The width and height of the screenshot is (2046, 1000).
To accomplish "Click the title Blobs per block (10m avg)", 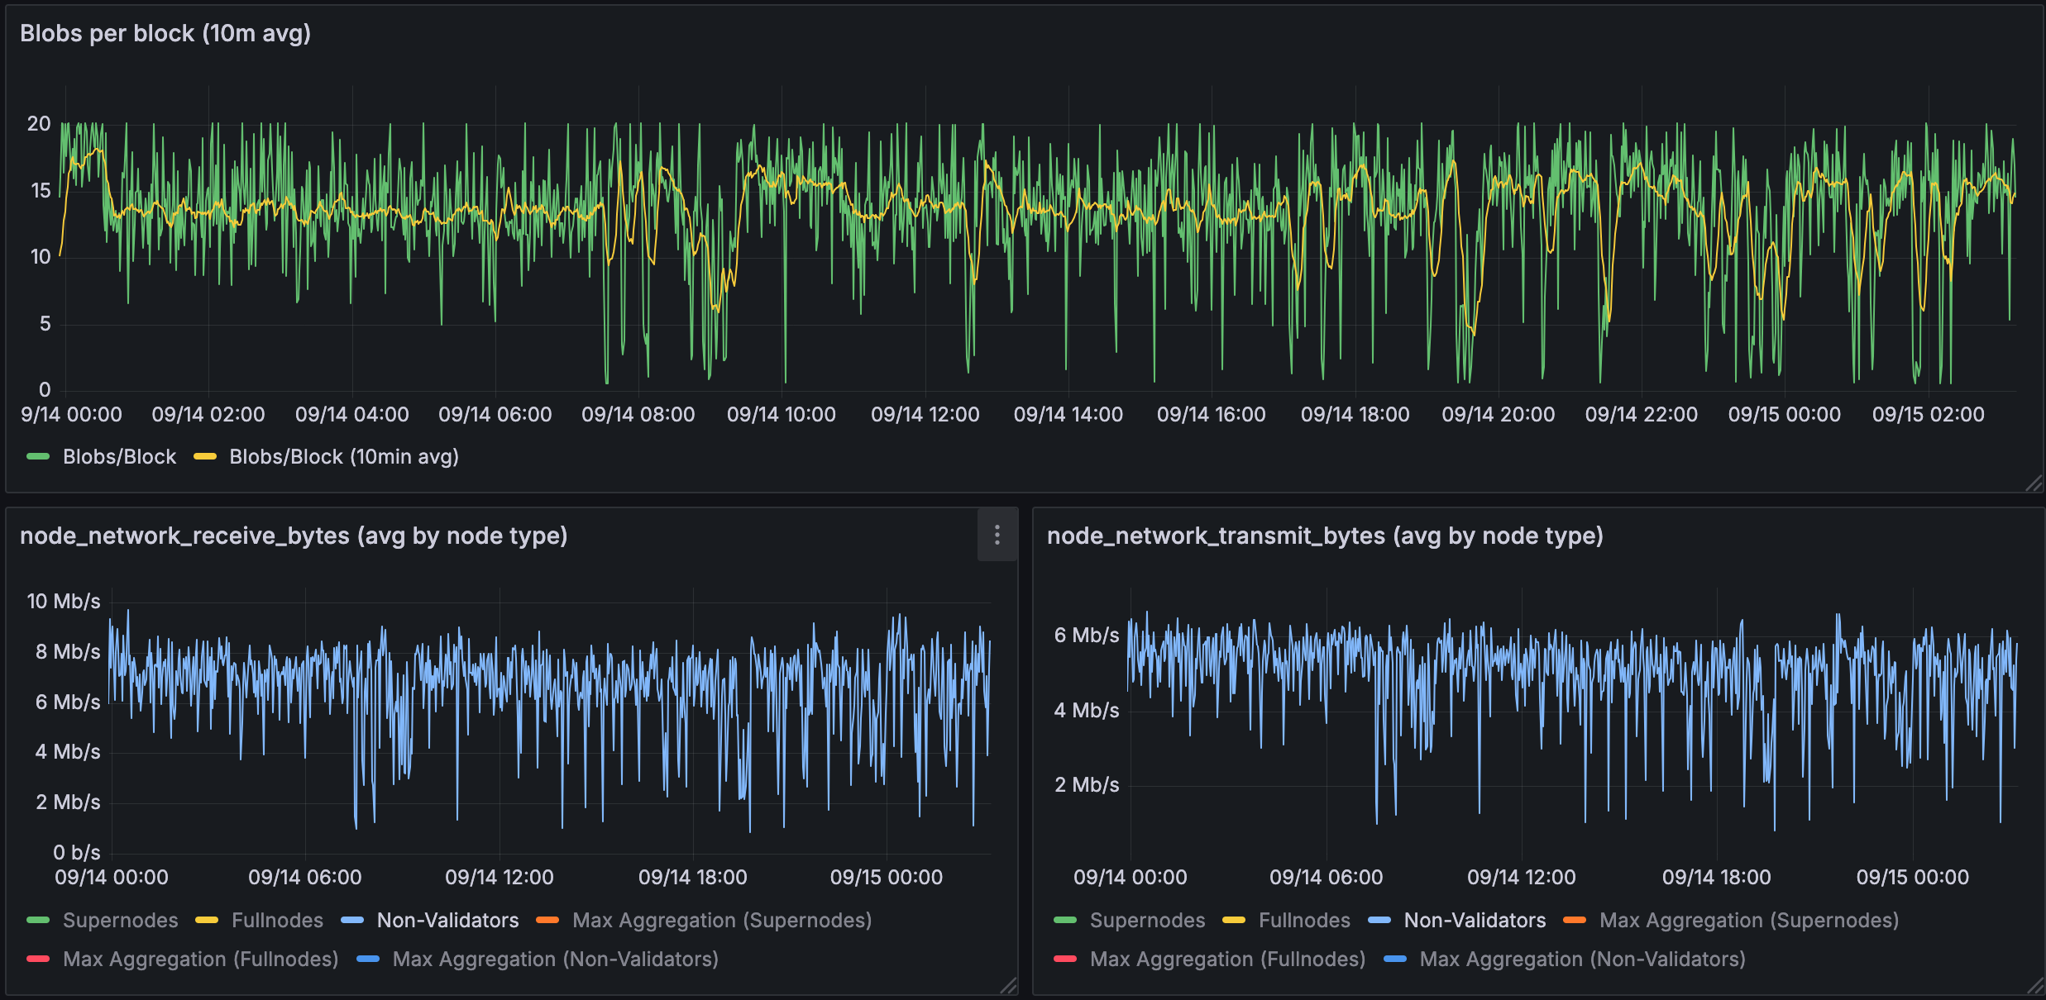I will coord(165,34).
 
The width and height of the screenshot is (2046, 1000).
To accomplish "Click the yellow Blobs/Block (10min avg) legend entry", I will coord(343,457).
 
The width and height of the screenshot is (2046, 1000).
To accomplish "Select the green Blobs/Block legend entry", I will coord(119,457).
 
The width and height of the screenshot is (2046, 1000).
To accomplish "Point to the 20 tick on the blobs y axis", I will coord(39,124).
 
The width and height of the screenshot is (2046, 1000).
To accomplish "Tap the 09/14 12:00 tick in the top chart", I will coord(925,415).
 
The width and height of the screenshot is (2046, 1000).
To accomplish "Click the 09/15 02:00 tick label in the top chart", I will coord(1928,415).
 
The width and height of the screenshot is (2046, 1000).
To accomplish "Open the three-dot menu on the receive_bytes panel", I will coord(997,536).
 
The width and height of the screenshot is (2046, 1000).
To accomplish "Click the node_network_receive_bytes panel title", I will coord(294,536).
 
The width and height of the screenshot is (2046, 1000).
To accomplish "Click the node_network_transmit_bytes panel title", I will coord(1325,536).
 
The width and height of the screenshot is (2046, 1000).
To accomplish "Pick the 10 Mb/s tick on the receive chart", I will coord(64,602).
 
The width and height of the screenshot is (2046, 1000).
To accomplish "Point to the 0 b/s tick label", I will coord(76,853).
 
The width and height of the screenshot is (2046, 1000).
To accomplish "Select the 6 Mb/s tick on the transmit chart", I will coord(1086,636).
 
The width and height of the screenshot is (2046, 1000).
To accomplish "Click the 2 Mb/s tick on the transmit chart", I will coord(1086,785).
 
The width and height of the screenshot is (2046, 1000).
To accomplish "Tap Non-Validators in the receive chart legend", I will coord(447,921).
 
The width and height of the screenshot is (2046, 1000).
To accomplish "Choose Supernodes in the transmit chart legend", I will coord(1147,921).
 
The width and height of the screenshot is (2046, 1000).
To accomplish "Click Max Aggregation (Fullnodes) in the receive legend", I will coord(200,960).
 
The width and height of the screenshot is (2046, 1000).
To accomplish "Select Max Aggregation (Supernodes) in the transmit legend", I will coord(1748,921).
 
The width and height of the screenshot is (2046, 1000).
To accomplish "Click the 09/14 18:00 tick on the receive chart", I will coord(692,878).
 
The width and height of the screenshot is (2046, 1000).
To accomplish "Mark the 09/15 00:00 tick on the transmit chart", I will coord(1912,878).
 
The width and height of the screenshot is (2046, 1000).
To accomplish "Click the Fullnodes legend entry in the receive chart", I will coord(277,921).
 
